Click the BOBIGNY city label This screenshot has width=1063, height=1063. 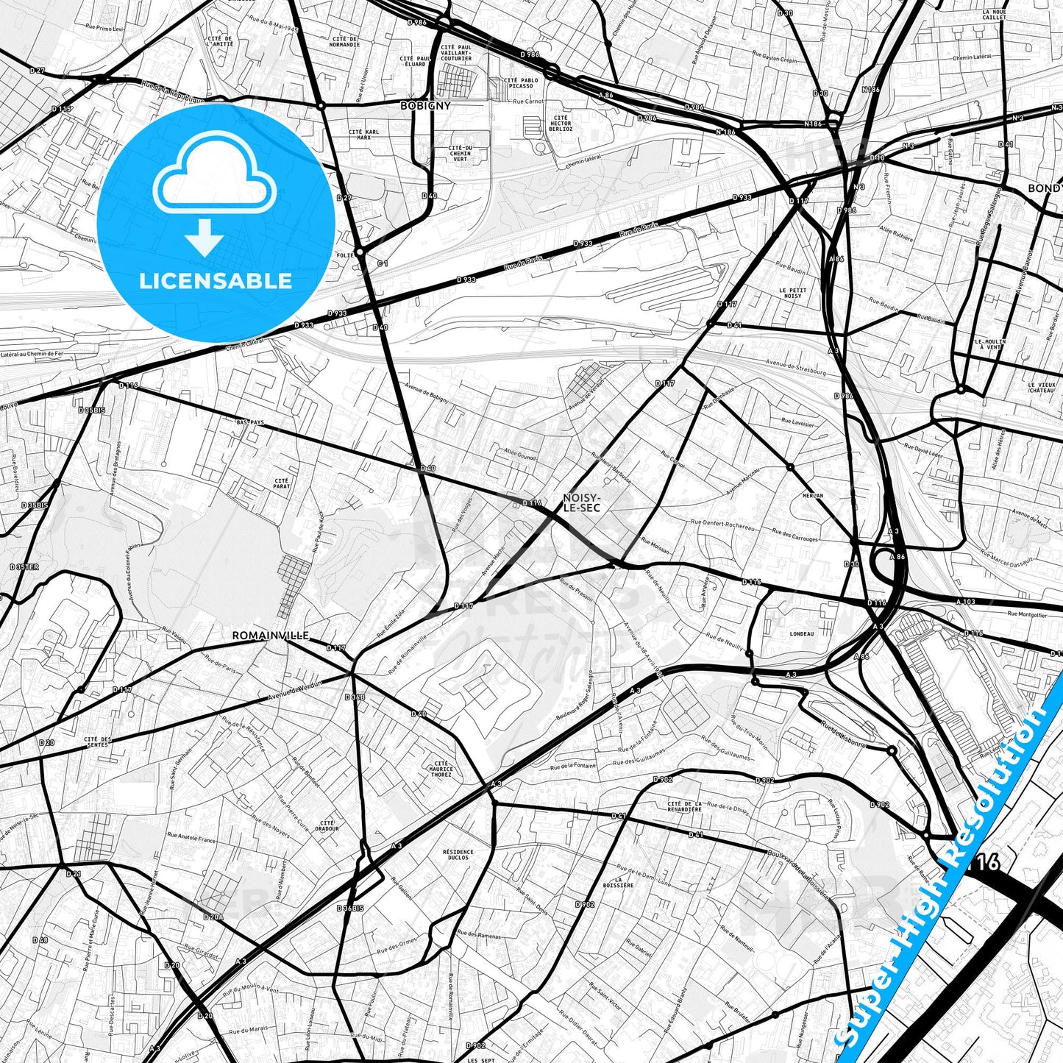point(425,106)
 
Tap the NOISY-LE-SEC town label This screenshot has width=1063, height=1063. point(581,502)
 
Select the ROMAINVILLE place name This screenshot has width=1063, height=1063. point(270,635)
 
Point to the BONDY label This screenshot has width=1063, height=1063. point(1045,189)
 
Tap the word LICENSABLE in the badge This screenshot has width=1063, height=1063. point(216,280)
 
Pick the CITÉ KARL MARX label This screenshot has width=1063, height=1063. point(364,135)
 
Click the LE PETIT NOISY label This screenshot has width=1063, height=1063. point(792,293)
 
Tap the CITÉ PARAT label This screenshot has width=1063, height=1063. point(282,483)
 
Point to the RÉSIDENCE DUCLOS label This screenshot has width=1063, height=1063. point(458,855)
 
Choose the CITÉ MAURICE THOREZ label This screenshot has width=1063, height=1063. point(441,769)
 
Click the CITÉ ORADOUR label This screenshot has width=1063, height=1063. point(327,825)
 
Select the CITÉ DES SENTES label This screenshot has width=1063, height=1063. point(97,742)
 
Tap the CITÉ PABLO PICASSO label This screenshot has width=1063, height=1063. point(521,82)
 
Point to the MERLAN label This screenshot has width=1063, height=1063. point(813,495)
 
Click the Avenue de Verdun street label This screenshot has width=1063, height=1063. point(290,692)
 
